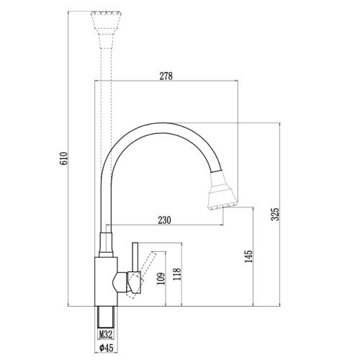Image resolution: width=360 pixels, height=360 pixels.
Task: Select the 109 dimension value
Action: click(x=161, y=278)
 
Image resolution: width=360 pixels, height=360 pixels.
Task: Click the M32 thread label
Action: click(x=105, y=334)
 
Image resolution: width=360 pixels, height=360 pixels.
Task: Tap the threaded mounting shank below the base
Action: click(x=105, y=317)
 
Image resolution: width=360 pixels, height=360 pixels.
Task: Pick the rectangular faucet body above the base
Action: click(x=105, y=281)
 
